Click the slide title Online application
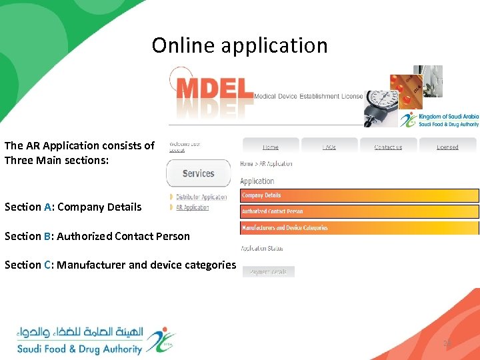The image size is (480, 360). click(239, 45)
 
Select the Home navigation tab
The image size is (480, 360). click(270, 147)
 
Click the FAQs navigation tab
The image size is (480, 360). click(329, 147)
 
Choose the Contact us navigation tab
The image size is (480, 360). click(388, 147)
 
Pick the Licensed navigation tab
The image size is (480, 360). click(447, 147)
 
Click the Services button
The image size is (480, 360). click(198, 173)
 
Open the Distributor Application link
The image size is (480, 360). click(201, 197)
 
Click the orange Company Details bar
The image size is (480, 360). click(359, 196)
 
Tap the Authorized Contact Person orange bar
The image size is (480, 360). click(359, 211)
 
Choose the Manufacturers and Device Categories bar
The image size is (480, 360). click(359, 228)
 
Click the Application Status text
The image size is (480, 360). click(262, 248)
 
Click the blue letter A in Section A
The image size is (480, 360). click(47, 207)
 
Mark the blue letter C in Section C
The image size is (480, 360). click(48, 265)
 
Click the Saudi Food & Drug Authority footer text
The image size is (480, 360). click(79, 349)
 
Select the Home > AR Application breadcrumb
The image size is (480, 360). click(266, 163)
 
